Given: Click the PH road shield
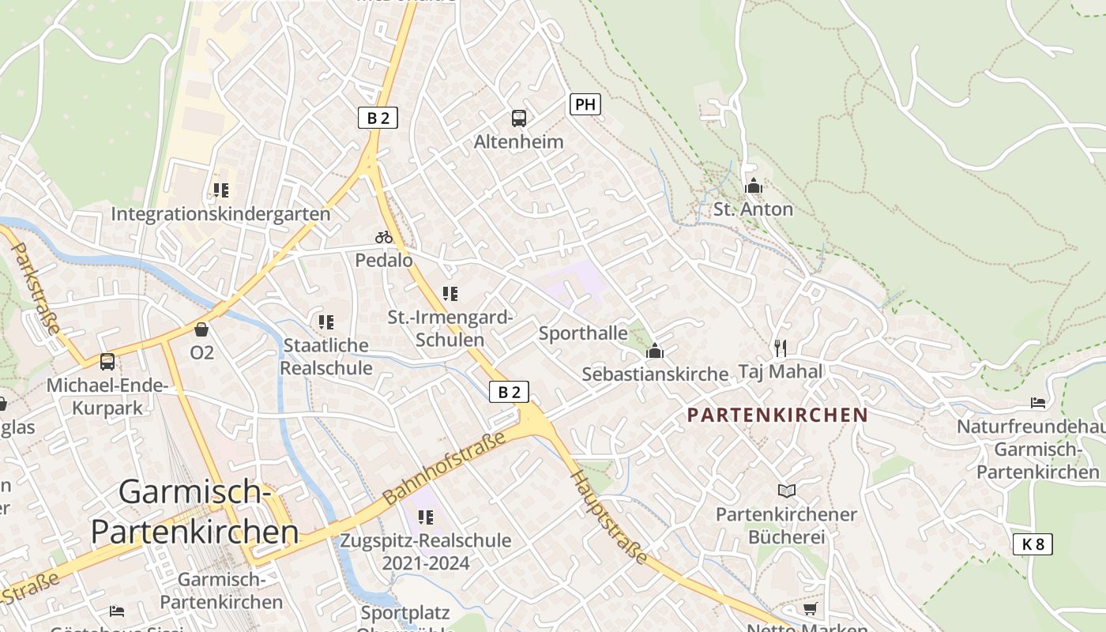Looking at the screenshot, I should pos(585,104).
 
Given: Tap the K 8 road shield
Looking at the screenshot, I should pos(1033,544).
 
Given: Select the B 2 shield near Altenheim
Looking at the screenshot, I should pos(378,118).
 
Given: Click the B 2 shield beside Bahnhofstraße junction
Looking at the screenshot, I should pos(509,391).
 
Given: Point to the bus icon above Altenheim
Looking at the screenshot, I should pos(518,118).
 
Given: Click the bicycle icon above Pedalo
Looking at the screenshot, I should pos(384,237).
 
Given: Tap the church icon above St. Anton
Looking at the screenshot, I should pos(754,186).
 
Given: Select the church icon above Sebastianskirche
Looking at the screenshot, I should pos(654,351).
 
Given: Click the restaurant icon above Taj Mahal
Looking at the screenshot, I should pos(781,348).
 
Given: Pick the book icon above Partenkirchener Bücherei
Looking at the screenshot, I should pos(786,491).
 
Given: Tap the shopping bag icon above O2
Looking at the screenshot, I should pos(201,329).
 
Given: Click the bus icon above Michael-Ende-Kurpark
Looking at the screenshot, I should pos(107,362).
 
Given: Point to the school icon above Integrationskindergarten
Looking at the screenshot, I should pos(221,190).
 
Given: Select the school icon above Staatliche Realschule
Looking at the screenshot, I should pos(325,322).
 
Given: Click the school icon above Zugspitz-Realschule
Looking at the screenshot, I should pos(426,517).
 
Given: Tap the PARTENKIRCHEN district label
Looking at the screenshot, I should pos(777,415).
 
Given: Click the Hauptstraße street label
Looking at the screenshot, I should pos(609,517).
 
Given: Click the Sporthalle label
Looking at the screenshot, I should pos(583,333).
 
